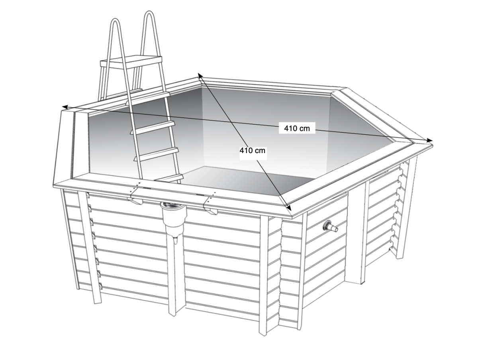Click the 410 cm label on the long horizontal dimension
(297, 128)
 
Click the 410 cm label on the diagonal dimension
(252, 150)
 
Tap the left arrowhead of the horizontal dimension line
(65, 107)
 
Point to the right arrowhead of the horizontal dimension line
(429, 140)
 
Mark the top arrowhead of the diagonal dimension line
(200, 76)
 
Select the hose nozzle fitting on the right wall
(330, 227)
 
